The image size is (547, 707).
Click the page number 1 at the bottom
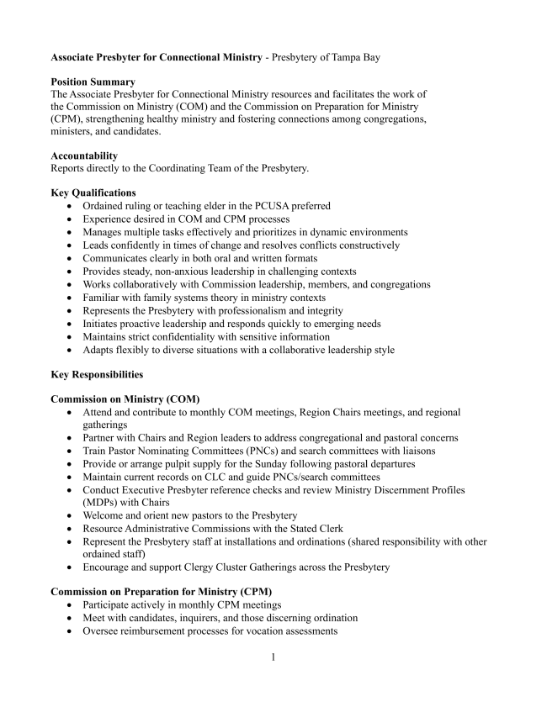pos(273,656)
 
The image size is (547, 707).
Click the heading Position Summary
pos(93,82)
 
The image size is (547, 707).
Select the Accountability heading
pos(84,156)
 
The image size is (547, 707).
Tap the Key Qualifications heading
pos(93,193)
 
